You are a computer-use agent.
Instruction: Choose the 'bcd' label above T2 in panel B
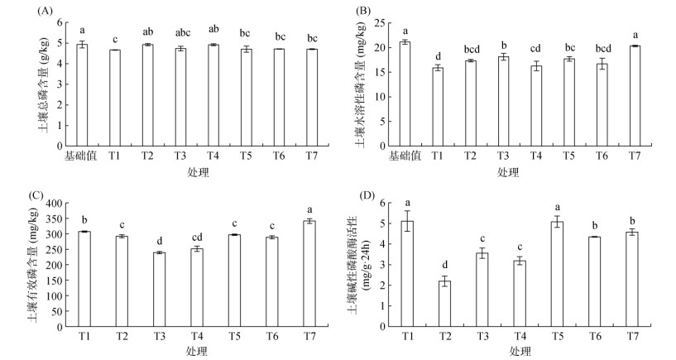[471, 50]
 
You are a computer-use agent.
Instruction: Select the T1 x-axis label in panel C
[85, 337]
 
